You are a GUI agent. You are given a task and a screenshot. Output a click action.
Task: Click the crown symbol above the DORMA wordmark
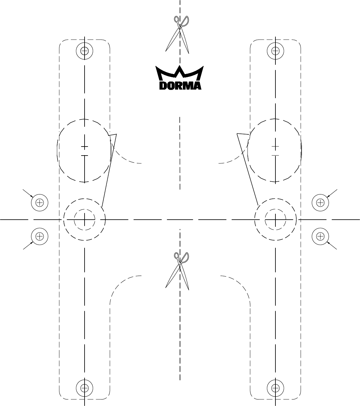point(180,74)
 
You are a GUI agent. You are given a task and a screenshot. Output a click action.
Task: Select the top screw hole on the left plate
point(85,50)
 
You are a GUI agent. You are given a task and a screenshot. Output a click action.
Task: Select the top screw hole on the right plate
point(275,50)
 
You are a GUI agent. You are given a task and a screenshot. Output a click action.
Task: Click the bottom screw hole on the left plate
point(85,388)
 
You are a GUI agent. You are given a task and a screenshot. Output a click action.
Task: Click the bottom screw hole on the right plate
point(275,388)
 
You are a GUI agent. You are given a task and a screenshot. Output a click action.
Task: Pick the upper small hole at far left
point(39,203)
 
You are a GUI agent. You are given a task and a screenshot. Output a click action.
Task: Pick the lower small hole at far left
point(39,236)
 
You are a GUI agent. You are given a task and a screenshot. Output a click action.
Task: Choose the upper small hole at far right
point(320,203)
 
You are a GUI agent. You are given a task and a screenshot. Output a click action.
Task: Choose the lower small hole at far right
point(320,236)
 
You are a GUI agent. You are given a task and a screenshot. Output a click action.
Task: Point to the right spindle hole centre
point(275,219)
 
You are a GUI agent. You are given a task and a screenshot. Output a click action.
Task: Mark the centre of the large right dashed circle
point(275,151)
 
